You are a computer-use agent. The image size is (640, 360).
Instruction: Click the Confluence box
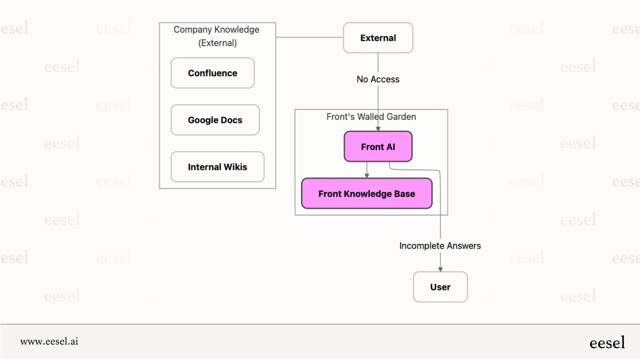(x=213, y=73)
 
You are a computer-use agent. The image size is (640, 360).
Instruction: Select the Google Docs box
(x=215, y=120)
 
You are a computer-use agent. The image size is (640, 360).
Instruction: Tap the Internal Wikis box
(x=217, y=167)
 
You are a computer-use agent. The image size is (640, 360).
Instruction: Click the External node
(x=378, y=38)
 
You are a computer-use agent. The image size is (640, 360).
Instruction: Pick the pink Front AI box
(x=378, y=147)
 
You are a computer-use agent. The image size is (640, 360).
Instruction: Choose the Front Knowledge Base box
(x=366, y=194)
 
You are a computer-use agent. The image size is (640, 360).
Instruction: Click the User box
(x=440, y=287)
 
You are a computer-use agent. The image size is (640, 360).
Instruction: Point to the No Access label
(x=378, y=79)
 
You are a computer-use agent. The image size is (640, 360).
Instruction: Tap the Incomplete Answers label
(x=440, y=246)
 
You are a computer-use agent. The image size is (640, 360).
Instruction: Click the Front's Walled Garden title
(x=371, y=117)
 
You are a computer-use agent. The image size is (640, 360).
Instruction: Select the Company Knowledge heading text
(x=216, y=30)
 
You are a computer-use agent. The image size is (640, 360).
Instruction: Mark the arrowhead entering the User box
(x=440, y=269)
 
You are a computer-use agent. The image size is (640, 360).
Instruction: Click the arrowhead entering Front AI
(x=378, y=129)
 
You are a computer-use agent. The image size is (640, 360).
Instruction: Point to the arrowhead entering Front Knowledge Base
(x=367, y=176)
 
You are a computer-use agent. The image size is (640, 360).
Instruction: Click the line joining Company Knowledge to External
(x=309, y=37)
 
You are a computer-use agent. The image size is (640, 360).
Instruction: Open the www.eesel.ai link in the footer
(x=49, y=341)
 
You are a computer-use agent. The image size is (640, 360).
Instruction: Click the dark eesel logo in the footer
(x=607, y=342)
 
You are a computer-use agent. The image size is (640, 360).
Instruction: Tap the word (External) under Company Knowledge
(x=218, y=43)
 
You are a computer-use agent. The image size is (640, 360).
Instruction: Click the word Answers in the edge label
(x=464, y=246)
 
